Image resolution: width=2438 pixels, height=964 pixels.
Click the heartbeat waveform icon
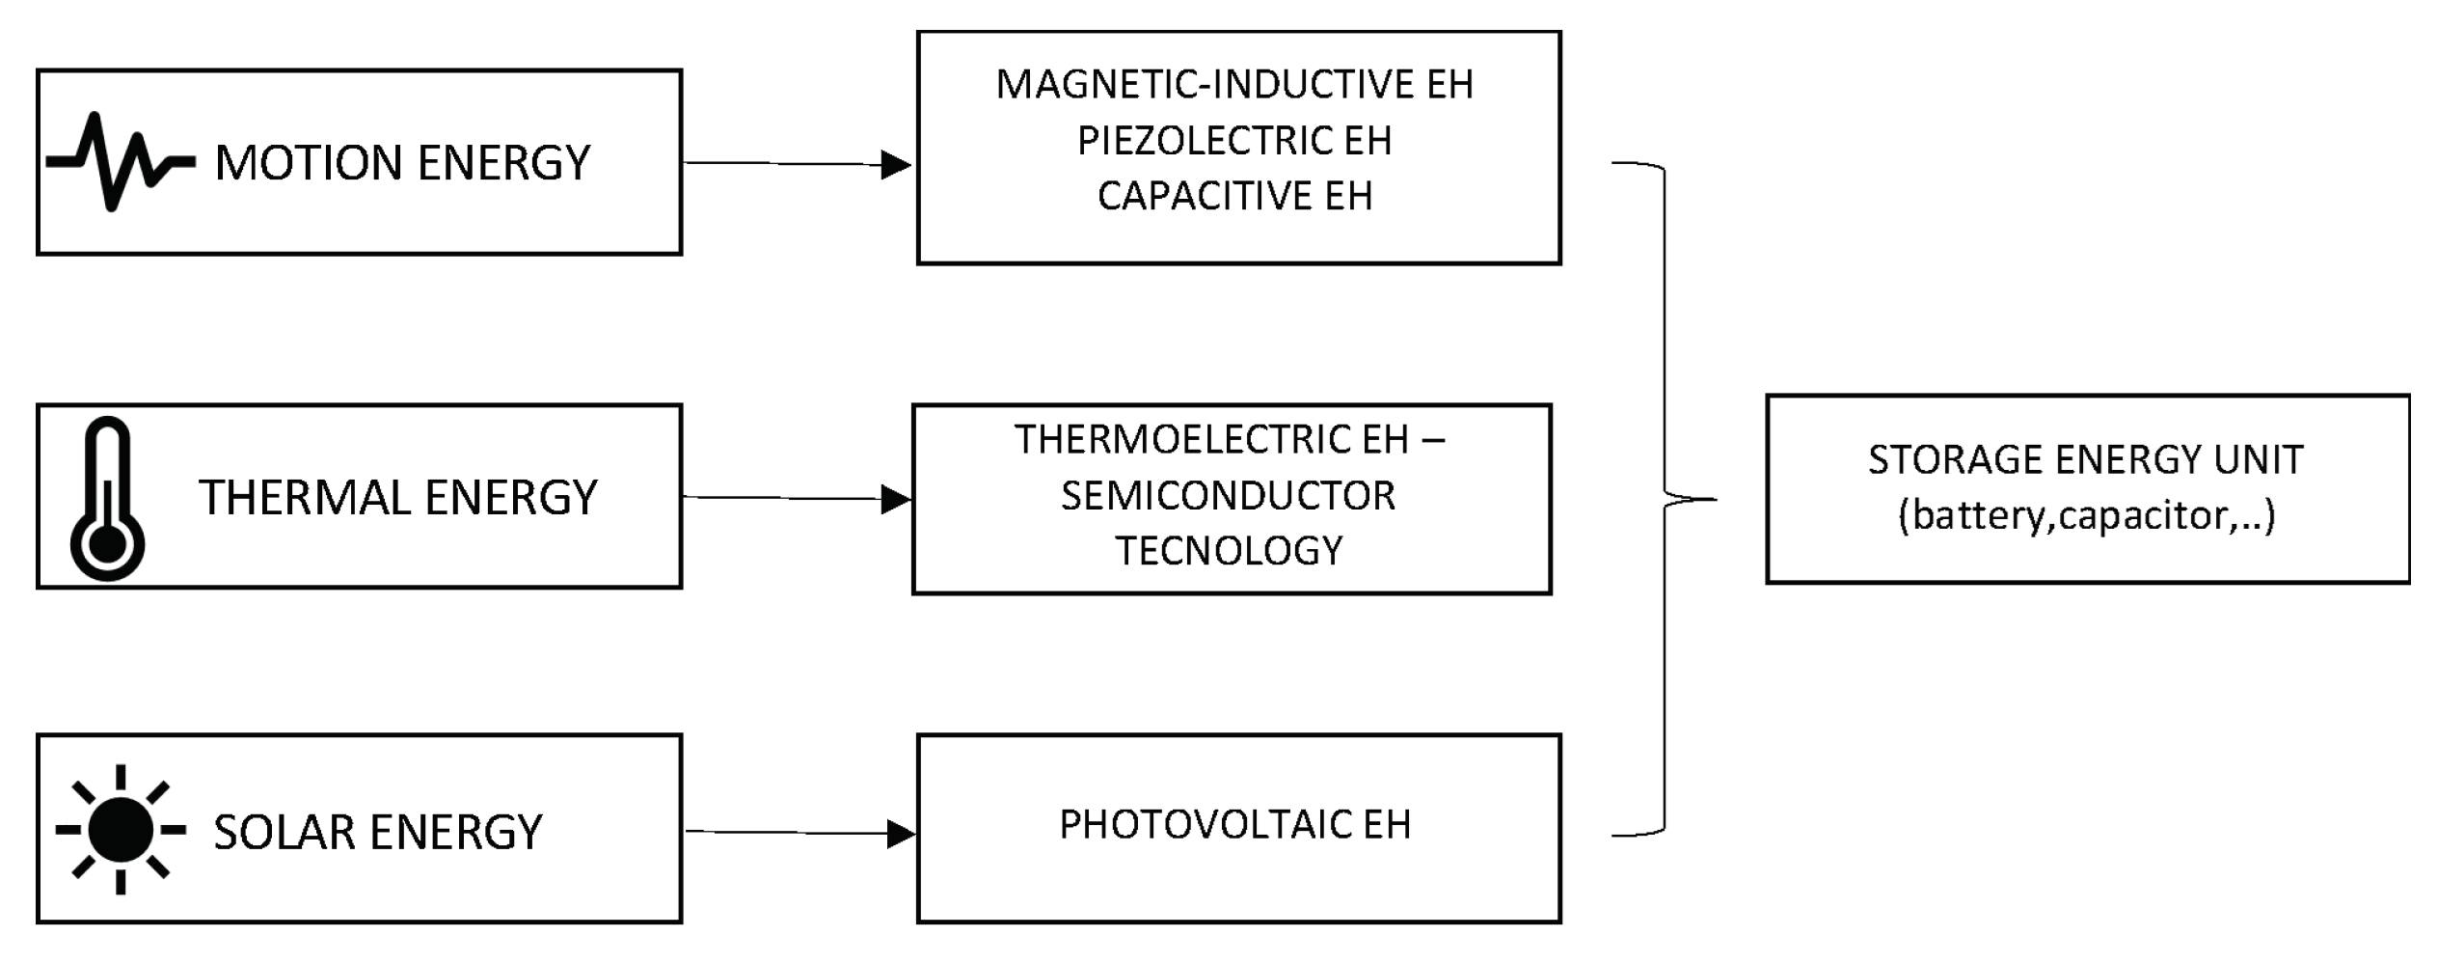click(120, 162)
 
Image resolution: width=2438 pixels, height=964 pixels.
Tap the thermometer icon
click(107, 499)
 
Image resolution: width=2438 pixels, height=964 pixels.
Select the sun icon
click(121, 830)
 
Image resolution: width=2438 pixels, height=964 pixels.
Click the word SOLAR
click(285, 832)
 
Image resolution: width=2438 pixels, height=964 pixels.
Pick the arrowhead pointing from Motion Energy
click(896, 165)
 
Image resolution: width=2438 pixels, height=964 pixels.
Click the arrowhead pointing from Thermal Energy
click(896, 500)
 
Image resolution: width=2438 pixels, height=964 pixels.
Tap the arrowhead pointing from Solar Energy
click(900, 834)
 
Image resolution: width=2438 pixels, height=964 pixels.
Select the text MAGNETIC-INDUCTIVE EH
click(1234, 85)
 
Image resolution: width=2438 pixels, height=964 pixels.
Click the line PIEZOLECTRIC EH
click(1234, 141)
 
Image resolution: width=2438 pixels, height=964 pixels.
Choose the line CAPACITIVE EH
click(1234, 196)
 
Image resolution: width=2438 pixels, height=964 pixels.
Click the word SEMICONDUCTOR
click(1228, 496)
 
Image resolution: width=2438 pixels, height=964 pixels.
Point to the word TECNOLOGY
click(1229, 551)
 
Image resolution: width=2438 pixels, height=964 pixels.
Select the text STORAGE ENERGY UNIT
click(2085, 459)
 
